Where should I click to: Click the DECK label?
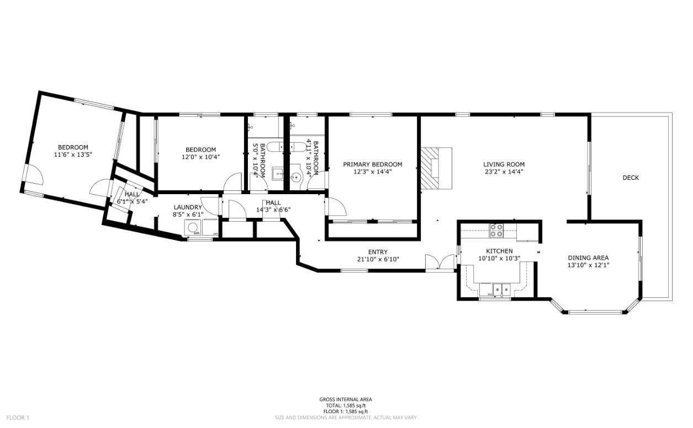[631, 178]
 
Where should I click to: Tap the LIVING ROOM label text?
[504, 164]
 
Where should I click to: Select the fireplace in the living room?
[436, 168]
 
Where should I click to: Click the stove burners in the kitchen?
[496, 230]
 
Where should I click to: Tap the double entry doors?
[440, 262]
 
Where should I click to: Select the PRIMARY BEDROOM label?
[372, 164]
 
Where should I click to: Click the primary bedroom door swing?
[336, 207]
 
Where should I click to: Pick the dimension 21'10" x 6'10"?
[378, 259]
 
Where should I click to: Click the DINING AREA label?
[588, 258]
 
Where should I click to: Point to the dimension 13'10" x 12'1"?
[588, 265]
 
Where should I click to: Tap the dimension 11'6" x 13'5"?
[73, 155]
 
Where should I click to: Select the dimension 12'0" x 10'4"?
[200, 157]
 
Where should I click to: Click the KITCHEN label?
[499, 251]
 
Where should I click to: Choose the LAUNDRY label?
[188, 207]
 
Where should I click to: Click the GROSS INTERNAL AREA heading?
[345, 399]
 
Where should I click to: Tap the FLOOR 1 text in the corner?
[18, 418]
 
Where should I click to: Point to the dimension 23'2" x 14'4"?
[504, 172]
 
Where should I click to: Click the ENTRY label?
[378, 252]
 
